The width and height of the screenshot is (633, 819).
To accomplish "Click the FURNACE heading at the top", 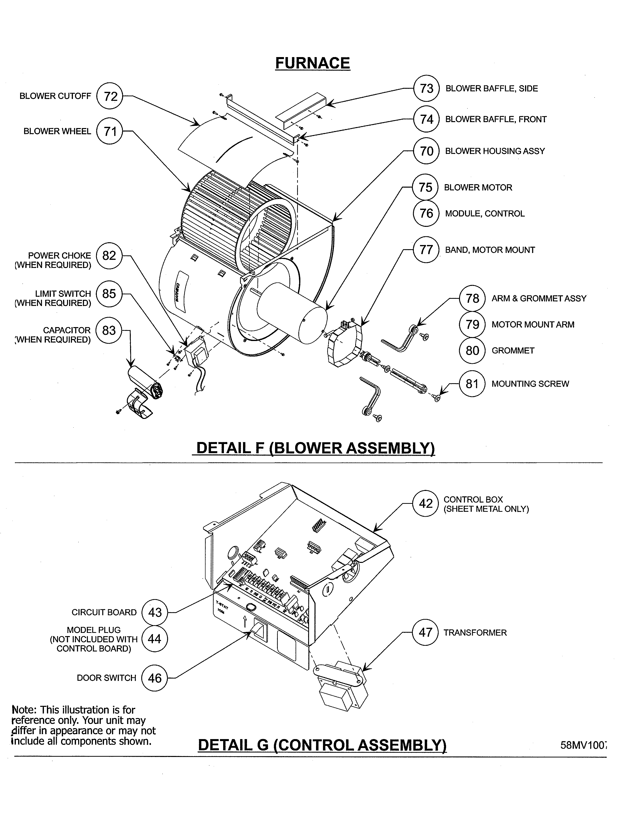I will [312, 63].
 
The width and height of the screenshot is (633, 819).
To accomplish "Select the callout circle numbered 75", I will [425, 187].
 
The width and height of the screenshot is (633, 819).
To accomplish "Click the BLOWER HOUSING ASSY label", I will [495, 151].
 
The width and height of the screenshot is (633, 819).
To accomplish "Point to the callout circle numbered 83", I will [109, 330].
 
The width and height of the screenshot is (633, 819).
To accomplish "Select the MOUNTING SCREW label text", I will [530, 384].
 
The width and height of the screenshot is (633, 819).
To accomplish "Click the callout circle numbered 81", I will [472, 384].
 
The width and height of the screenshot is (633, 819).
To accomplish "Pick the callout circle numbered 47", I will [425, 633].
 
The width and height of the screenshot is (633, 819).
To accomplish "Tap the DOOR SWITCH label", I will [106, 678].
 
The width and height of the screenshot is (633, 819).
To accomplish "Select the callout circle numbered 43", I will [154, 612].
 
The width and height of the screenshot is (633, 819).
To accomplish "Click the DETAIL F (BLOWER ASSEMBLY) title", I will [315, 448].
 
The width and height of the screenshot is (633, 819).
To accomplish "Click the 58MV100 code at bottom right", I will [583, 745].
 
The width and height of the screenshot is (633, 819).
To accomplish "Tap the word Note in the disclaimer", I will [24, 710].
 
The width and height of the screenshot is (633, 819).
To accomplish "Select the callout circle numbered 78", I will [472, 299].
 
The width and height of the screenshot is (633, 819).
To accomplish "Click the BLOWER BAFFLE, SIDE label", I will [491, 89].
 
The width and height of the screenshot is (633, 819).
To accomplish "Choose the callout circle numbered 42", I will [425, 504].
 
